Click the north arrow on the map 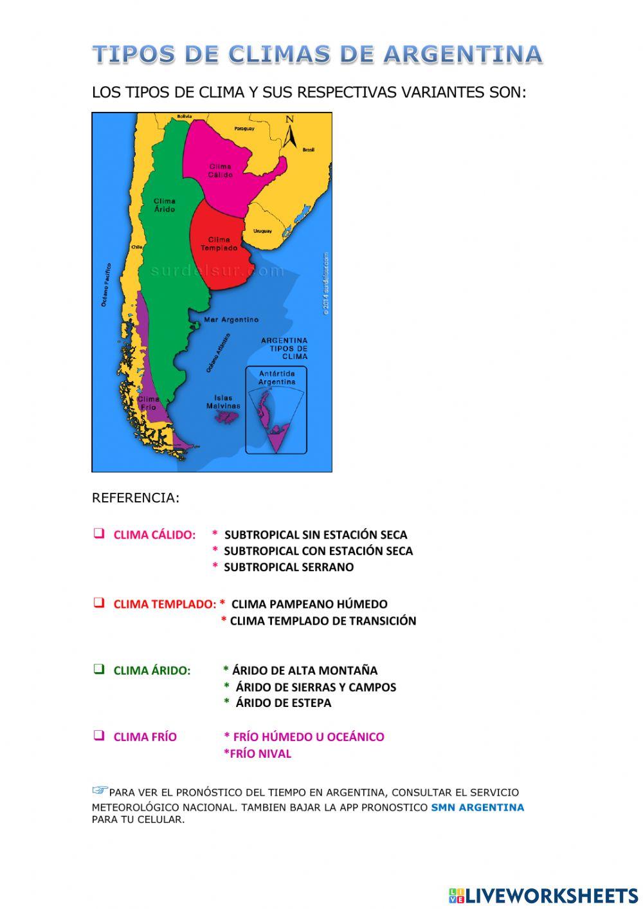pos(290,131)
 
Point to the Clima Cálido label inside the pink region pos(220,170)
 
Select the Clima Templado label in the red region pos(219,244)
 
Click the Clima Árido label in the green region pos(165,205)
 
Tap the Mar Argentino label pos(231,320)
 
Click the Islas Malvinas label pos(223,402)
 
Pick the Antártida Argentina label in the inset pos(276,378)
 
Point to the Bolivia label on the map pos(185,116)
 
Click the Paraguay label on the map pos(244,129)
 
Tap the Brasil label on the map pos(309,149)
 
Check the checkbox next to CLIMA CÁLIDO pos(99,533)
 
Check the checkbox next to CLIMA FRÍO pos(99,735)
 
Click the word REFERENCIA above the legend pos(136,498)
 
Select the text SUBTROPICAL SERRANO pos(288,567)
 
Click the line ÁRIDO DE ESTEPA pos(283,703)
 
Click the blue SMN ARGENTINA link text pos(477,807)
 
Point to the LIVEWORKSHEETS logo pos(543,895)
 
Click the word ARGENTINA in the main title pos(463,55)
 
